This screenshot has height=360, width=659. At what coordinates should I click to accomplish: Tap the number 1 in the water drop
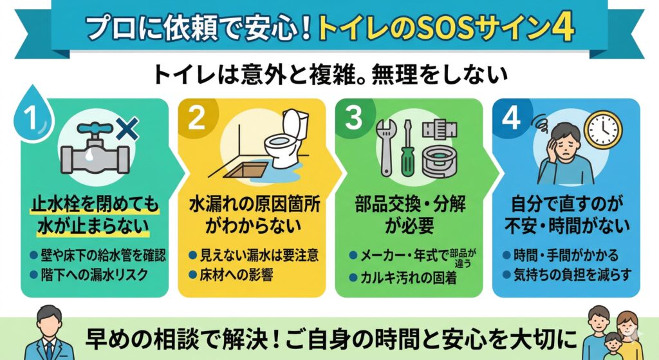click(x=31, y=117)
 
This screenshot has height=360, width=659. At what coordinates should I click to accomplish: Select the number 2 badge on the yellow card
click(x=196, y=118)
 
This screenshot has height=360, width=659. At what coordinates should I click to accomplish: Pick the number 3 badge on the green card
click(x=353, y=118)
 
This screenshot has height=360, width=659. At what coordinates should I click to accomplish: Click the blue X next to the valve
click(x=127, y=129)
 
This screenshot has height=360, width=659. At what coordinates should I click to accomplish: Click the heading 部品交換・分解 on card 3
click(x=410, y=205)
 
